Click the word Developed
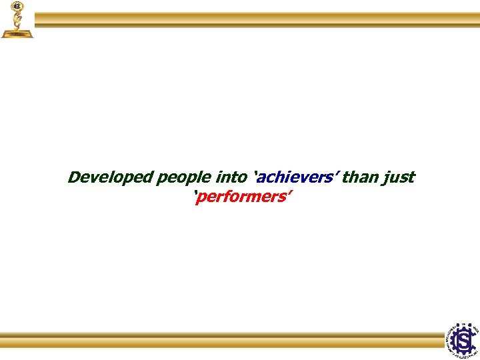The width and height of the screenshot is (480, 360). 110,178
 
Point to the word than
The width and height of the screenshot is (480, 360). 361,178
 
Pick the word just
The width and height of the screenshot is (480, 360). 399,179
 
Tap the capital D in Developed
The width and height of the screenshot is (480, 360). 75,178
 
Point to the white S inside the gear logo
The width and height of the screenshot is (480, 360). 463,341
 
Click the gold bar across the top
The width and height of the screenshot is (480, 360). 257,19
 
